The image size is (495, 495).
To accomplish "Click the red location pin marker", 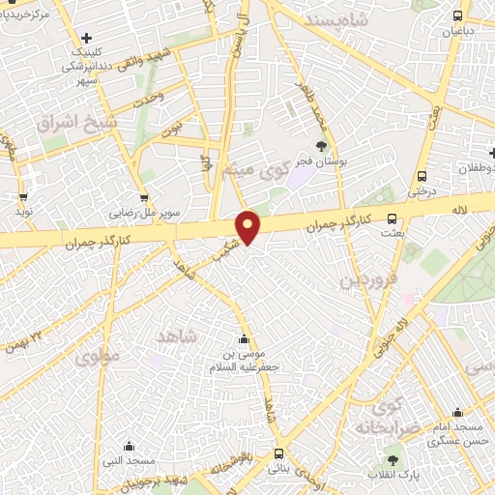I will coord(248,226).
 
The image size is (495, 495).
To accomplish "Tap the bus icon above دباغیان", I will coord(459,15).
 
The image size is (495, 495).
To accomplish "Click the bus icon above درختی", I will coord(422,176).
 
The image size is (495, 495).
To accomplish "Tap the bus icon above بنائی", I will coord(278,452).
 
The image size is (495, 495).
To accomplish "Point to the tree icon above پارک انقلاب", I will coord(392,459).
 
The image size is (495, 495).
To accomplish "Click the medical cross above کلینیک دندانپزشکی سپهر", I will coord(88,39).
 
